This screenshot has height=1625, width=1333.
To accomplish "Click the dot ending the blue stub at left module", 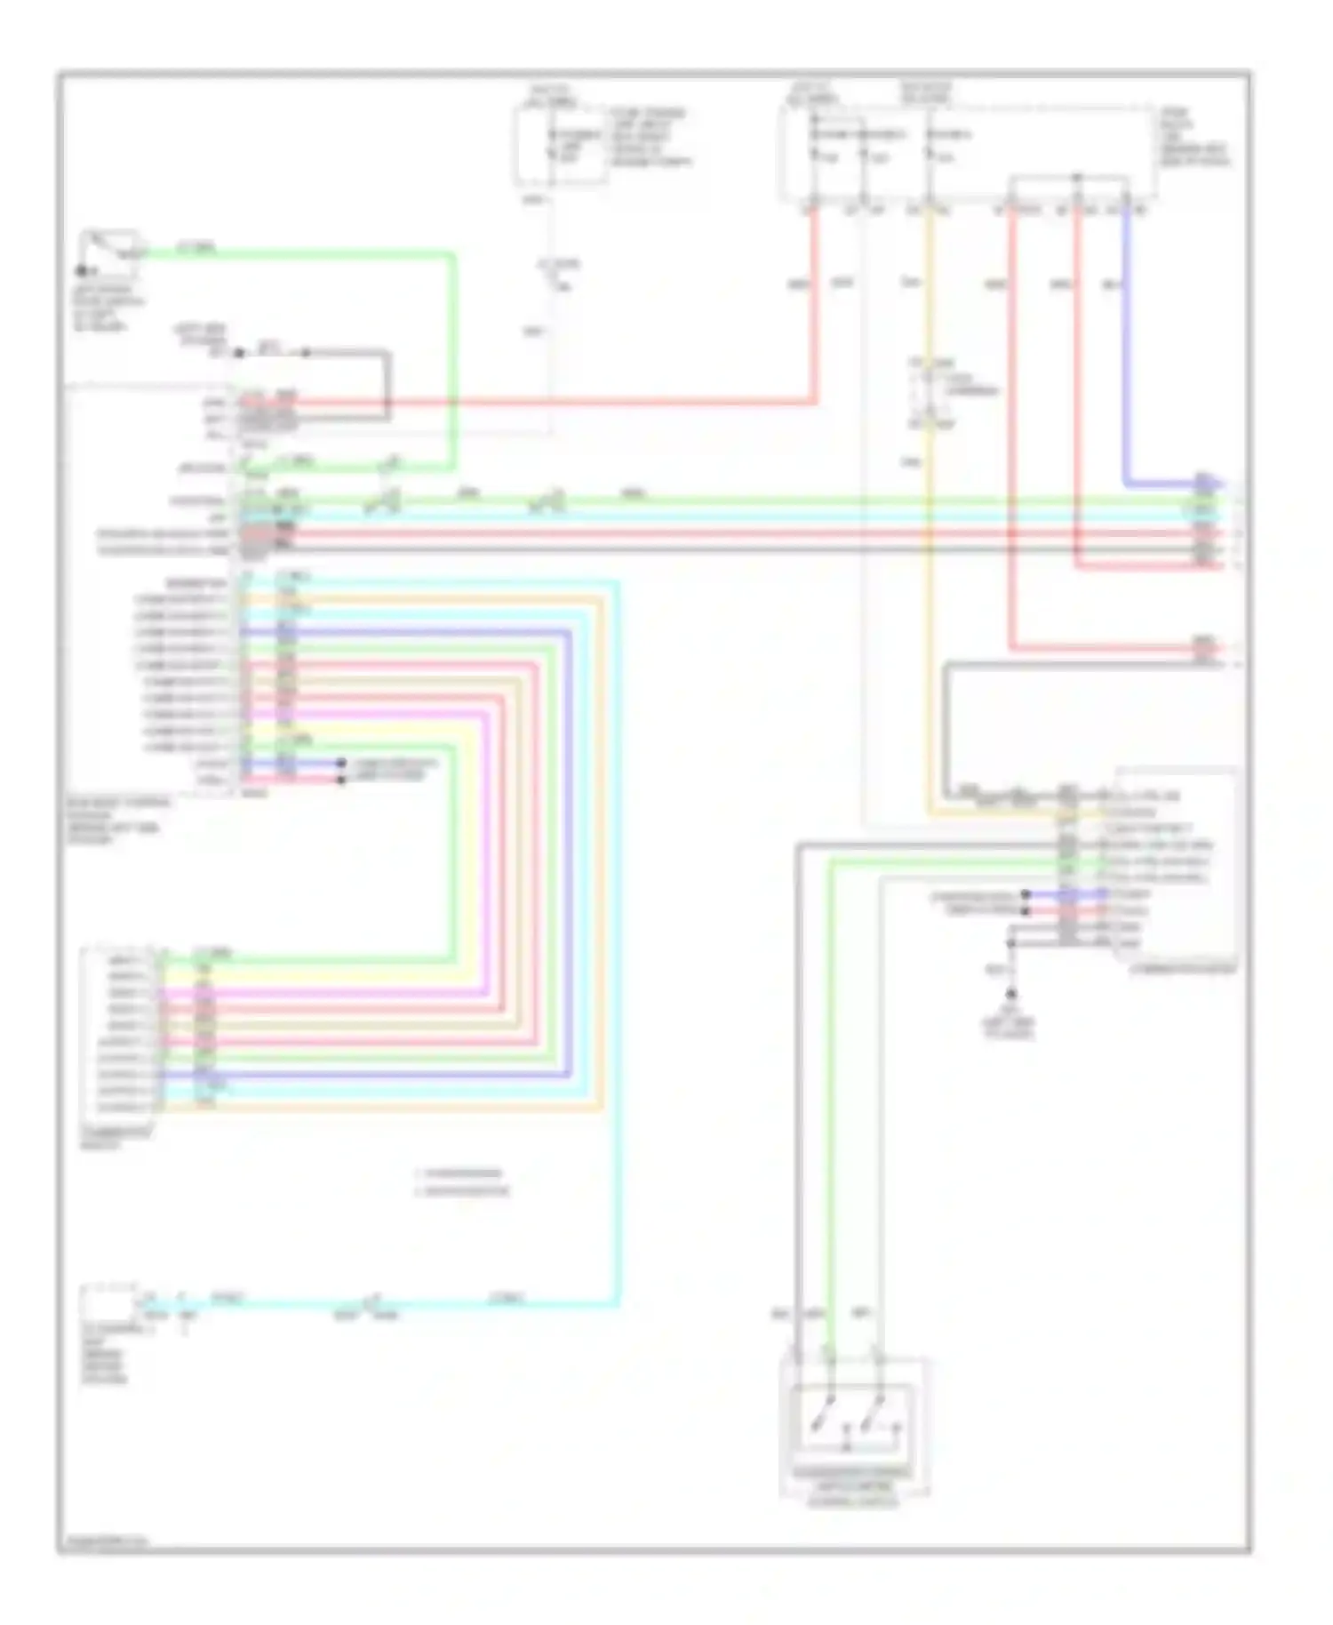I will pyautogui.click(x=341, y=764).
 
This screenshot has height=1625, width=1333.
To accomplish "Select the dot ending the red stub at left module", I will pyautogui.click(x=341, y=780).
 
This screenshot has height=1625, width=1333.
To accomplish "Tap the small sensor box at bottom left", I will pyautogui.click(x=108, y=1303).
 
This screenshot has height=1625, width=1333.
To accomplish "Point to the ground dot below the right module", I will pyautogui.click(x=1010, y=994).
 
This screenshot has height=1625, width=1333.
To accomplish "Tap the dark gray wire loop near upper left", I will pyautogui.click(x=387, y=382).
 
